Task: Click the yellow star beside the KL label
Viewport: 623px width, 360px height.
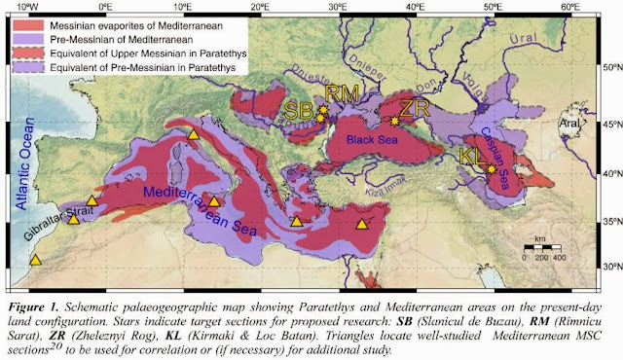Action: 492,169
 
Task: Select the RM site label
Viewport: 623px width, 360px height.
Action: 340,94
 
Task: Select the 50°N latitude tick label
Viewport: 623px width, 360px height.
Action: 610,69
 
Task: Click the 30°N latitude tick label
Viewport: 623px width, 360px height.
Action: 610,266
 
